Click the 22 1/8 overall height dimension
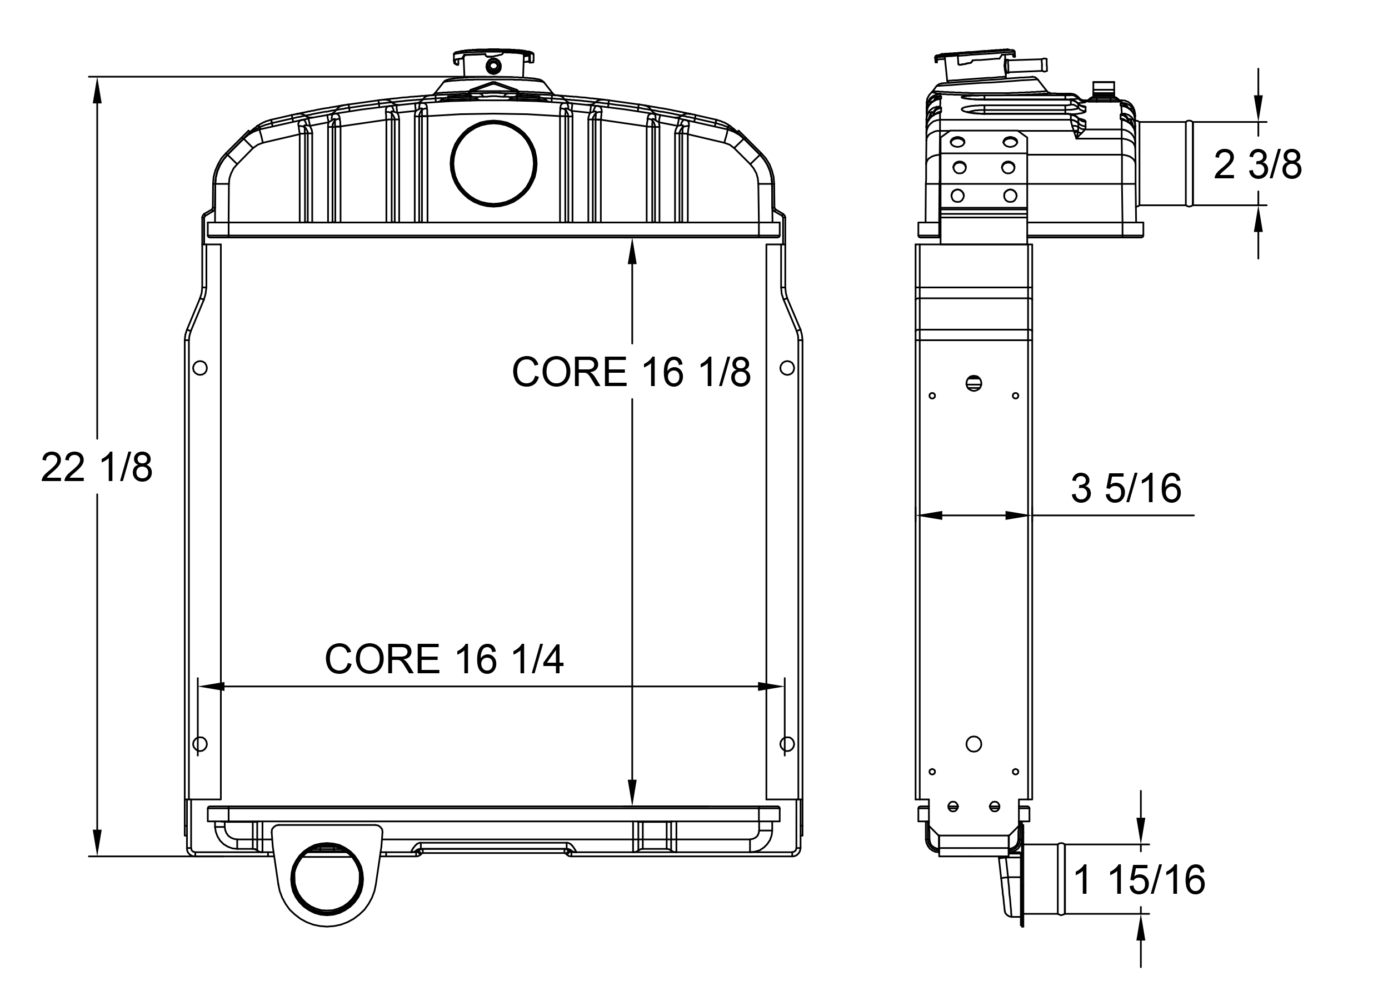96,468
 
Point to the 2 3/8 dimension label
1257,164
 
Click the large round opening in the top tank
493,163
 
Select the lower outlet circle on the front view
327,878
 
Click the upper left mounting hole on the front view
199,368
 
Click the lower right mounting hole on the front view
786,744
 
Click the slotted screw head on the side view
973,383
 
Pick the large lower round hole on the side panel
973,744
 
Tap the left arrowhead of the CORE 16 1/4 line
209,687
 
